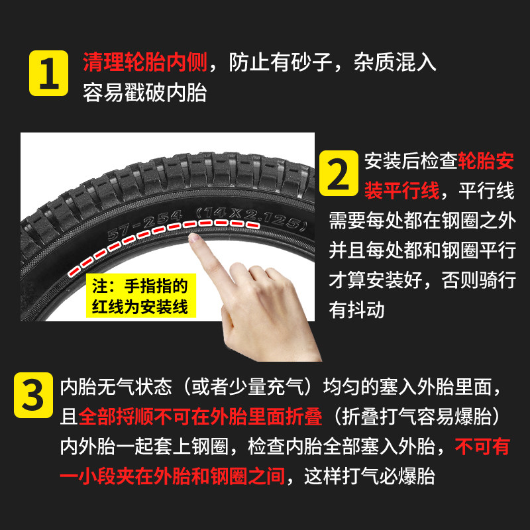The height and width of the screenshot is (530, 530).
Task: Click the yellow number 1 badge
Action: click(x=48, y=73)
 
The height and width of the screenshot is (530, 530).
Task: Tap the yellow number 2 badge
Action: click(x=339, y=173)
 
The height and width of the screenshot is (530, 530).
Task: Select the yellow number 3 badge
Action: click(x=34, y=395)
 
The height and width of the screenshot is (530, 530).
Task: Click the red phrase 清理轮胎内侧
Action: click(x=145, y=62)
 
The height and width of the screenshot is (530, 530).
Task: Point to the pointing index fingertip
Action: click(x=193, y=238)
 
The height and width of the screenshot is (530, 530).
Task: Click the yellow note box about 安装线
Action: click(x=141, y=295)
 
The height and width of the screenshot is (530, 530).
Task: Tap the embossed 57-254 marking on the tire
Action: click(x=144, y=224)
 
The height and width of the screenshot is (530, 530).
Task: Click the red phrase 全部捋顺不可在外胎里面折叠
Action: click(x=201, y=417)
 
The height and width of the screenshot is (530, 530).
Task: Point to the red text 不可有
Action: click(x=482, y=446)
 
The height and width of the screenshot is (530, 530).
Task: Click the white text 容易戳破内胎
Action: click(x=145, y=93)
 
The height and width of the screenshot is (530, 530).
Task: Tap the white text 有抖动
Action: click(x=356, y=309)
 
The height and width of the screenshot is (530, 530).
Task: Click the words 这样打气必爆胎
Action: click(x=370, y=476)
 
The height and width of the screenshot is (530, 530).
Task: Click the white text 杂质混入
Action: click(x=395, y=62)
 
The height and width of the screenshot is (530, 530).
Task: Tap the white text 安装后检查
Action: click(x=411, y=161)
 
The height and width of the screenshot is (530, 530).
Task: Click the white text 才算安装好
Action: click(x=375, y=280)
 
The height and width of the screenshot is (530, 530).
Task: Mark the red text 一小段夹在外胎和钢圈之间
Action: click(x=172, y=476)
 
